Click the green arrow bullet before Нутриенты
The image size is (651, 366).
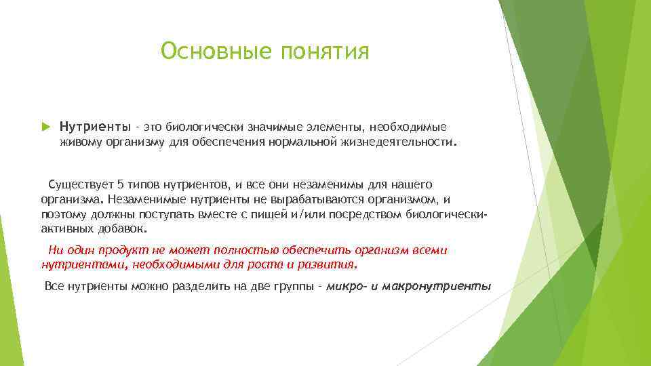(46, 127)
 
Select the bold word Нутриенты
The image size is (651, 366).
(85, 127)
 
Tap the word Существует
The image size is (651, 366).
(77, 184)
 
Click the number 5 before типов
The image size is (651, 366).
(120, 184)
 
